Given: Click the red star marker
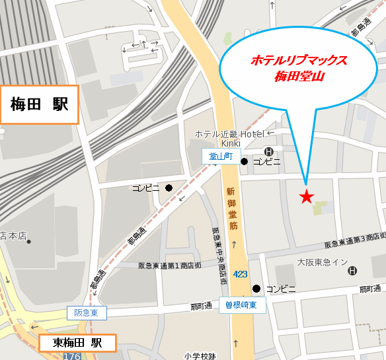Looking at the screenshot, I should tap(306, 196).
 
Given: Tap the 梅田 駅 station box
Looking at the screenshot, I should tap(40, 104).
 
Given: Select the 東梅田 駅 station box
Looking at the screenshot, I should tap(77, 343).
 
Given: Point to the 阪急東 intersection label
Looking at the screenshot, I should tap(86, 313).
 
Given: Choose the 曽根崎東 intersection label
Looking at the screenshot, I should tap(243, 305).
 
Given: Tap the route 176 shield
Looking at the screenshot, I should tap(72, 356).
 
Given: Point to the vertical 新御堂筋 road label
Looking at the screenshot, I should tap(231, 208).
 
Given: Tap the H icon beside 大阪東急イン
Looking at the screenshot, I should tap(352, 271).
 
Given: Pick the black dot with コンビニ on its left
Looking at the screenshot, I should tap(169, 188).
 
